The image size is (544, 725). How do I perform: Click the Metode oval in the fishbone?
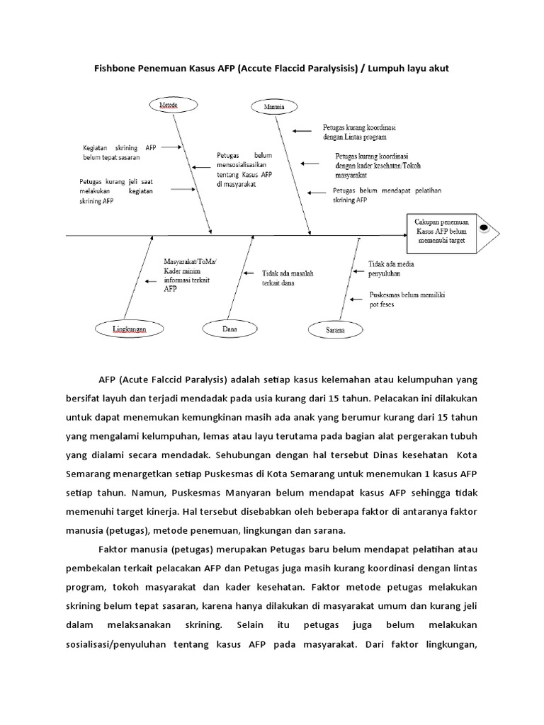click(x=168, y=105)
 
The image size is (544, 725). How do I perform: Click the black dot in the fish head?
click(x=484, y=227)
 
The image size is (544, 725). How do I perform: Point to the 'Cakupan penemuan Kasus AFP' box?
click(x=441, y=232)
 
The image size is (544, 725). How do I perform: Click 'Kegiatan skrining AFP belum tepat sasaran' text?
click(x=118, y=153)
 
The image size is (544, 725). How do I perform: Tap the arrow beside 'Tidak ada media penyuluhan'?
click(x=358, y=268)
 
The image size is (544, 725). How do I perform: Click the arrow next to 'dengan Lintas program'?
click(x=302, y=130)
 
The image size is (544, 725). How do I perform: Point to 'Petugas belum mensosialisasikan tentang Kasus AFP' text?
click(x=244, y=169)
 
